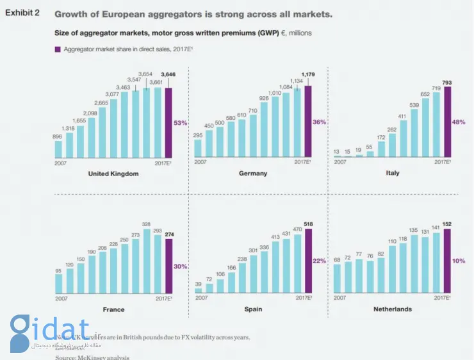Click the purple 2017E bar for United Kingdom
click(x=168, y=122)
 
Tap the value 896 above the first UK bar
click(x=58, y=136)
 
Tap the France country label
click(x=113, y=309)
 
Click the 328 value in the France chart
click(x=146, y=224)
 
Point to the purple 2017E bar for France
click(x=168, y=266)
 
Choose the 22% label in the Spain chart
click(x=320, y=261)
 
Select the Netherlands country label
click(x=393, y=309)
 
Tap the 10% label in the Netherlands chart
click(x=459, y=261)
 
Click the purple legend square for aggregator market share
click(x=56, y=49)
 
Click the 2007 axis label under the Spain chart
click(x=202, y=298)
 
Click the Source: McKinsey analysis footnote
click(x=92, y=357)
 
